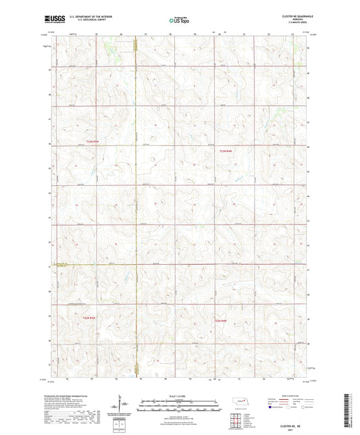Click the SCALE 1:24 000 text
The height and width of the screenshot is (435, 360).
180,396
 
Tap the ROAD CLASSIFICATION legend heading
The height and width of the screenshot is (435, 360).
296,396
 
